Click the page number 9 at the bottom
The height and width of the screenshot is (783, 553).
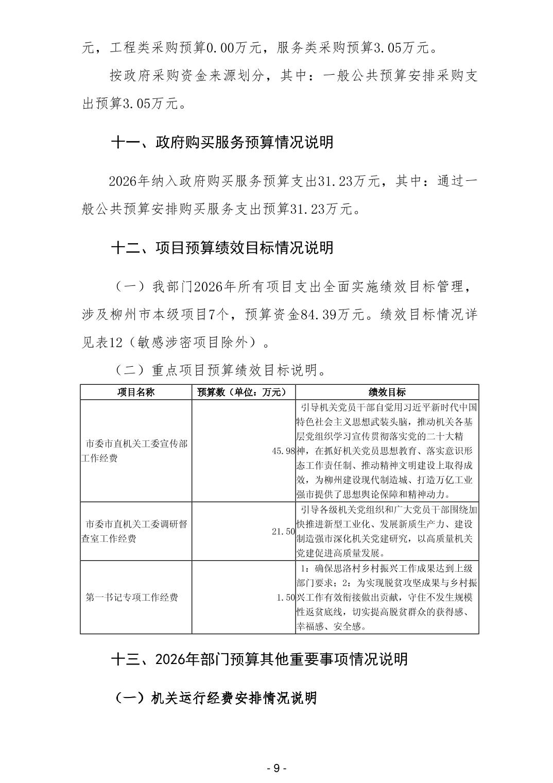276,768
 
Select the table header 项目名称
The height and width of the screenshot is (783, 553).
135,392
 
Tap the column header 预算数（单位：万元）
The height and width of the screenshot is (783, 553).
243,392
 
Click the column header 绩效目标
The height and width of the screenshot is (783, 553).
387,392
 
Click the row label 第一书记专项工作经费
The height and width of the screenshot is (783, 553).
132,598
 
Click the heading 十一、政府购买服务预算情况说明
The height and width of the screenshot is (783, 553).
222,142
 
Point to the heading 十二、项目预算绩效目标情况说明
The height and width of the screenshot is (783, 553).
222,248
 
